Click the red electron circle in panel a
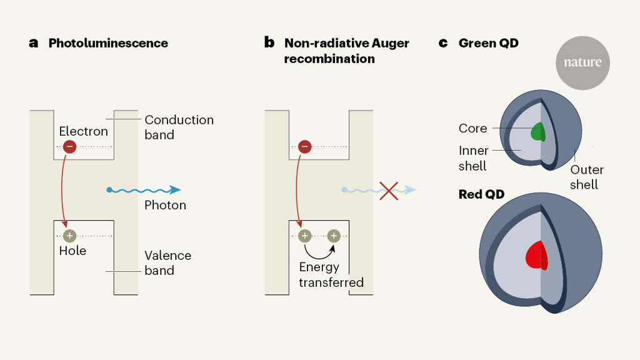click(70, 146)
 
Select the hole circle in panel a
click(70, 236)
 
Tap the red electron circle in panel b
click(305, 146)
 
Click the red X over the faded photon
click(389, 191)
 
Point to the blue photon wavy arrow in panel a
click(143, 190)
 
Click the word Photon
click(165, 205)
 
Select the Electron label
click(84, 131)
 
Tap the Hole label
click(72, 251)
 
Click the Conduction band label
click(179, 127)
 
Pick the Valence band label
click(167, 263)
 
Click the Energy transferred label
click(331, 275)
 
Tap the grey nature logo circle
click(583, 63)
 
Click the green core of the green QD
click(538, 131)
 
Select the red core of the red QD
click(537, 256)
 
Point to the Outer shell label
click(586, 177)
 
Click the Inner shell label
click(474, 158)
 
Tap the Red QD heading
click(482, 194)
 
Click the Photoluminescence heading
click(108, 43)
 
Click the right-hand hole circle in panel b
click(334, 236)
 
